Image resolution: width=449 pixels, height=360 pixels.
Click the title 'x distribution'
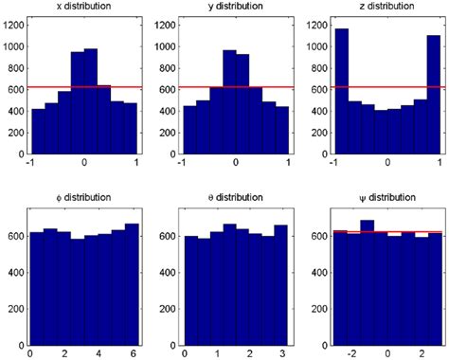pyautogui.click(x=83, y=8)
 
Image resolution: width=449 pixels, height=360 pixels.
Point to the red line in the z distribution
pyautogui.click(x=379, y=87)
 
